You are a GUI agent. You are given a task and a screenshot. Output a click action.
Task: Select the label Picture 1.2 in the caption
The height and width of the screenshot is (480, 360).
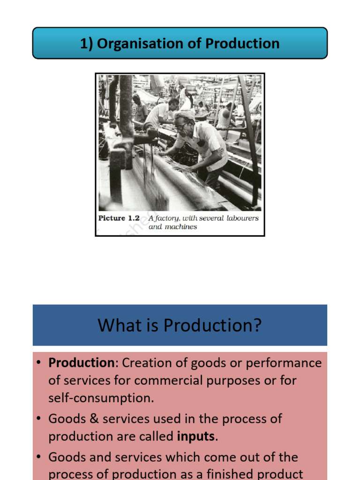[119, 218]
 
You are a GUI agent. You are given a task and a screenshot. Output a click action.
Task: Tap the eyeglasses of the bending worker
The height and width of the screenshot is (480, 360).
[181, 126]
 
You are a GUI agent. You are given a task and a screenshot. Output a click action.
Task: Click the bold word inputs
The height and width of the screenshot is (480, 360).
[196, 436]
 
